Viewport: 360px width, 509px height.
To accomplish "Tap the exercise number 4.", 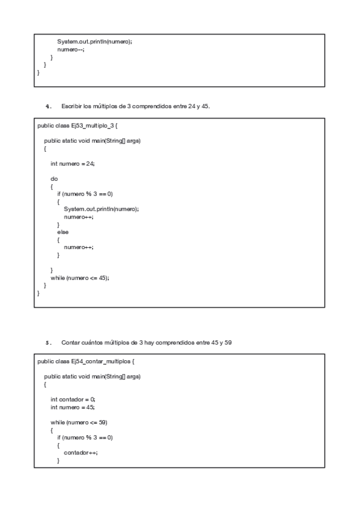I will click(x=48, y=106).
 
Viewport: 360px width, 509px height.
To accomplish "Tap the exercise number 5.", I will click(x=48, y=343).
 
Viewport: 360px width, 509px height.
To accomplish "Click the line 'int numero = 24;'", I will click(x=73, y=163).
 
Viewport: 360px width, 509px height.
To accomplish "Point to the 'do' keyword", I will click(x=54, y=178).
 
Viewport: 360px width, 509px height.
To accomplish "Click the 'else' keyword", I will click(x=62, y=231).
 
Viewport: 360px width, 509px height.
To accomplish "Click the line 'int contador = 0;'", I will click(x=73, y=399).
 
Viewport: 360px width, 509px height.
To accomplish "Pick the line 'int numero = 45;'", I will click(x=73, y=406).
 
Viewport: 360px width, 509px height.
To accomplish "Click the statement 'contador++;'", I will click(x=80, y=453).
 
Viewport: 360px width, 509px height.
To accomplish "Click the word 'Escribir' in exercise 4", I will click(x=72, y=106).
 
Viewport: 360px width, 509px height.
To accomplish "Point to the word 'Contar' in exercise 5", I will click(x=70, y=343).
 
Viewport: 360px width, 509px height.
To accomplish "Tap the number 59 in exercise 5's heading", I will click(x=229, y=343).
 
